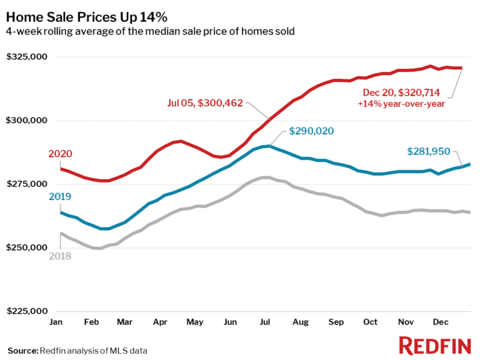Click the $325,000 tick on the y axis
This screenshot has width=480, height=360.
[27, 57]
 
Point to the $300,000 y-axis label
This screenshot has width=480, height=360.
[27, 121]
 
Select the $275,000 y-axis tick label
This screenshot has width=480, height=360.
[27, 184]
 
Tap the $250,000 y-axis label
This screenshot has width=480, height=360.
[27, 248]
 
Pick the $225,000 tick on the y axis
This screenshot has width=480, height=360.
[27, 311]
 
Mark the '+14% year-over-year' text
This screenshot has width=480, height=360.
[401, 104]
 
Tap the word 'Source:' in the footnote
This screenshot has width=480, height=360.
[22, 349]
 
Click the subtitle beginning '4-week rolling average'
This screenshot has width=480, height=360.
[150, 31]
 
